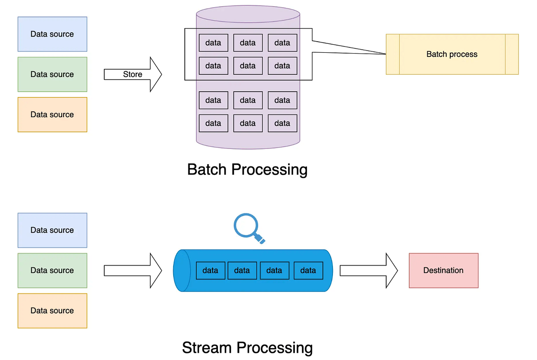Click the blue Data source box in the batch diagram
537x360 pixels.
point(52,34)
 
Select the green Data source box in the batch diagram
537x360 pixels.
point(52,74)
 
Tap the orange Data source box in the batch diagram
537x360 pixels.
point(52,114)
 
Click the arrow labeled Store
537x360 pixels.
point(132,74)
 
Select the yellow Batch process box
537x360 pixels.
point(452,54)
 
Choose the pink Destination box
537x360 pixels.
point(443,271)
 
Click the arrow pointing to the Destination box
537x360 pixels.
point(368,271)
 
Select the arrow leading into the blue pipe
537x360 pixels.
point(132,271)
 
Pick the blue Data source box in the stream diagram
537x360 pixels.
point(52,230)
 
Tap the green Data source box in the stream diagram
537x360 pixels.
point(52,271)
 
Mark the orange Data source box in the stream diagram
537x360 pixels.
point(52,311)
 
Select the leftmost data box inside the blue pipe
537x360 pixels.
point(210,271)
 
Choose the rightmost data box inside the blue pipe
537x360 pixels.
point(308,271)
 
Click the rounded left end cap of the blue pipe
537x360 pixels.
point(179,271)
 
